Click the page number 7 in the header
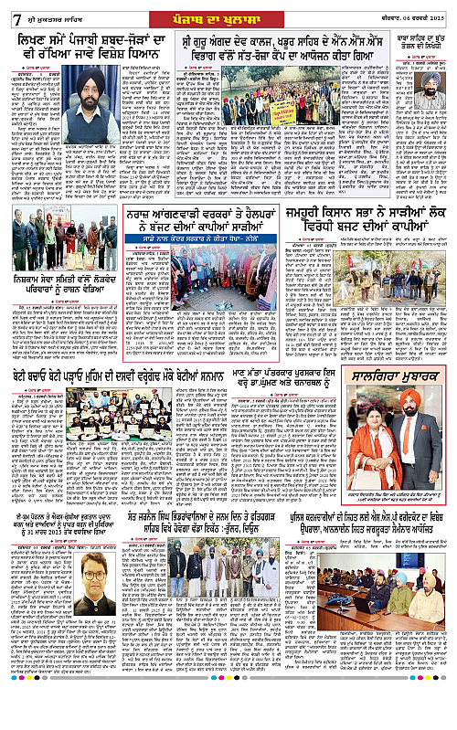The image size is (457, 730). click(9, 11)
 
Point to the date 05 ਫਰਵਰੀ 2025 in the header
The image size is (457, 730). click(416, 12)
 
